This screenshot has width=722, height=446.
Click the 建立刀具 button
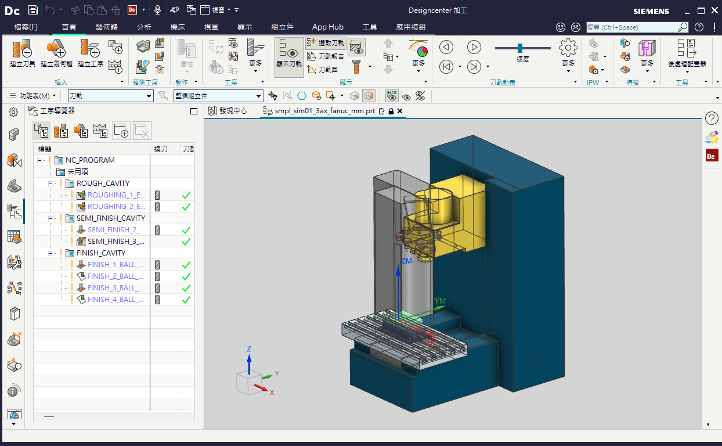pyautogui.click(x=22, y=53)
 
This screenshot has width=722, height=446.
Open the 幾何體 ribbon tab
pyautogui.click(x=106, y=27)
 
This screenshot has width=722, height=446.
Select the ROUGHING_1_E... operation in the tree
pyautogui.click(x=116, y=195)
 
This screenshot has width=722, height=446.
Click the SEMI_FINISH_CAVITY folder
pyautogui.click(x=110, y=218)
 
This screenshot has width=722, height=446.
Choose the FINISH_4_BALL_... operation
pyautogui.click(x=115, y=299)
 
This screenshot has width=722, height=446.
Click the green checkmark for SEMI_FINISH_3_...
pyautogui.click(x=186, y=242)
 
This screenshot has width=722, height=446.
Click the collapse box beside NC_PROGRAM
pyautogui.click(x=39, y=160)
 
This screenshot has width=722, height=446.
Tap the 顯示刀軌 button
pyautogui.click(x=289, y=57)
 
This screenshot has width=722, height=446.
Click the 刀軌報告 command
pyautogui.click(x=326, y=56)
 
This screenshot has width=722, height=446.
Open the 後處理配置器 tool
pyautogui.click(x=687, y=53)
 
